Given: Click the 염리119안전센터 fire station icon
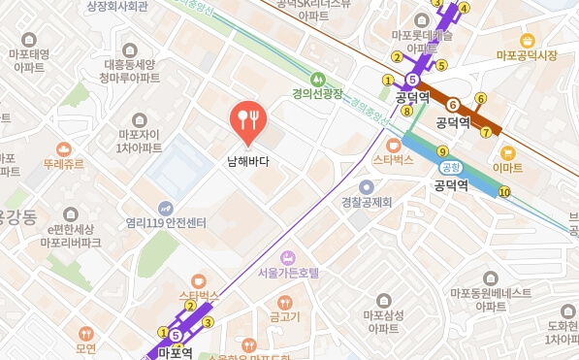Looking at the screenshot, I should coord(166,208).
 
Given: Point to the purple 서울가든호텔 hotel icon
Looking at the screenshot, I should coord(288,257).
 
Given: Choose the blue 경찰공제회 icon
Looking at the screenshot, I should coord(366,187).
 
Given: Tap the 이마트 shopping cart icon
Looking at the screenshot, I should coord(507,152).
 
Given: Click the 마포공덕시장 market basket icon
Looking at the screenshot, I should coord(527,41).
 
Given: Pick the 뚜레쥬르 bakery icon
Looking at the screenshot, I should coord(63,148).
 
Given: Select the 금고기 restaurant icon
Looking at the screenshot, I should coord(284,302).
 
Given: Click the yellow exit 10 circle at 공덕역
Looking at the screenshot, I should coord(503,191).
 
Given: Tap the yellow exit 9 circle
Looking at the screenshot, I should coord(442,150).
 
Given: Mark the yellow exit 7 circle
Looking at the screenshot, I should coord(485,132).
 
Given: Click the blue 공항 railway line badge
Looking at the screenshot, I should coord(435,167).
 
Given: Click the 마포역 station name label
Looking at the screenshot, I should coord(176,353).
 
